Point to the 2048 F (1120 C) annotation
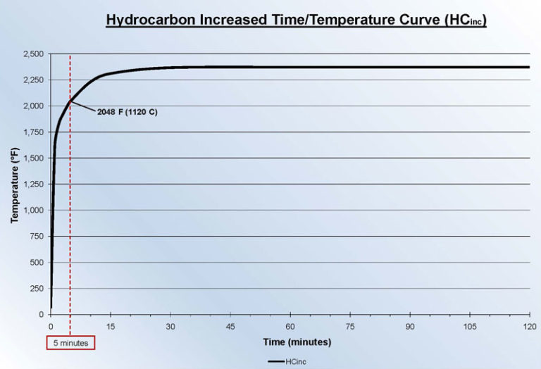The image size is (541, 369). pos(127,112)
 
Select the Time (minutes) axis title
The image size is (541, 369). pos(297,342)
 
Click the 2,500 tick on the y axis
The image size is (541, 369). pos(32,54)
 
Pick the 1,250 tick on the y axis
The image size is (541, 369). pos(32,184)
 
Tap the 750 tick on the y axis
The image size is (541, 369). pos(37,236)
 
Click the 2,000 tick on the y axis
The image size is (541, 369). pos(32,106)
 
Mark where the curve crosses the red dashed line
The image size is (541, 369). pos(70,101)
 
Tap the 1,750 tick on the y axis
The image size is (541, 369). pos(32,132)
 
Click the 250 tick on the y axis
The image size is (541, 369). pos(37,288)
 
